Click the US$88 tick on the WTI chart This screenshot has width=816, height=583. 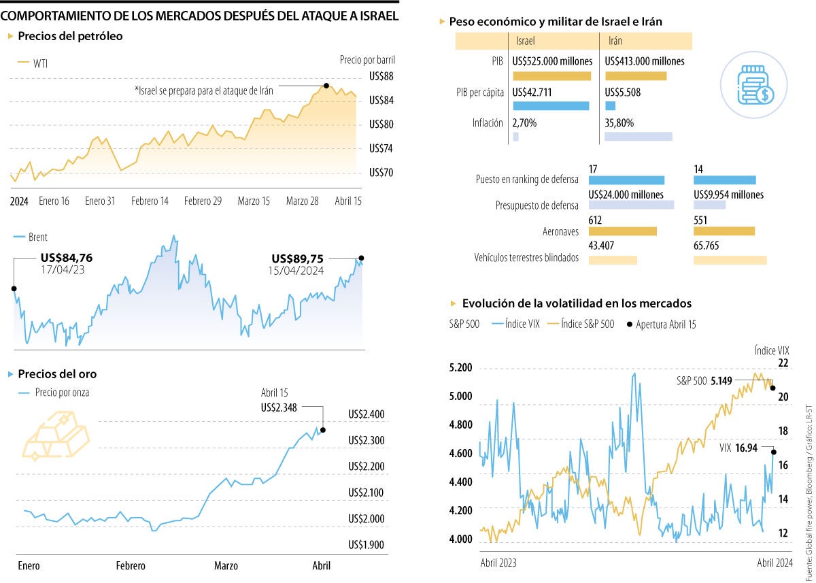tap(381, 76)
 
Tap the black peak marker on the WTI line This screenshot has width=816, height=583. tap(326, 86)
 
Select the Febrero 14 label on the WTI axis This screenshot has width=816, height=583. tap(150, 201)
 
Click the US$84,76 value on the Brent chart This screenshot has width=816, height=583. tap(67, 258)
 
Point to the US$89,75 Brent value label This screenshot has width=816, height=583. tap(297, 259)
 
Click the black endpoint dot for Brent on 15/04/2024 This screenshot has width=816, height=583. tap(361, 258)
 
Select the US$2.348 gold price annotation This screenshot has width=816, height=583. tap(279, 407)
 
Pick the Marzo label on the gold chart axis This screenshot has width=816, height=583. tap(226, 566)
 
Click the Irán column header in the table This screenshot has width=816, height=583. tap(616, 41)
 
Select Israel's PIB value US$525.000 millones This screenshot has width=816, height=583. tap(552, 61)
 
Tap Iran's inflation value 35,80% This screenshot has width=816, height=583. tap(619, 123)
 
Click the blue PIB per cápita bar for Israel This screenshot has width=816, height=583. tap(551, 106)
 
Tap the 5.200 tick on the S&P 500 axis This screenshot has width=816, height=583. tap(460, 368)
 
